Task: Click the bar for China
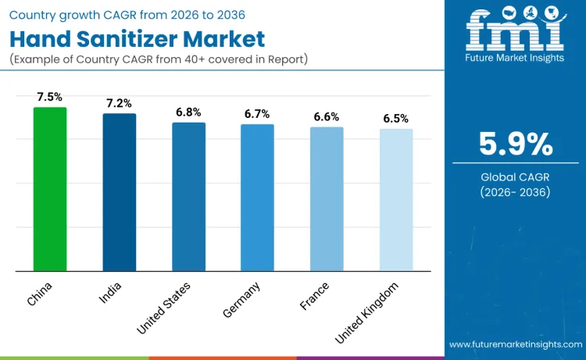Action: (x=50, y=189)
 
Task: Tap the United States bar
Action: (x=188, y=197)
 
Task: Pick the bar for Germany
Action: (x=257, y=198)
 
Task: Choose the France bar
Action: (x=327, y=199)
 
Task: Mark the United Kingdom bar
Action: (x=395, y=200)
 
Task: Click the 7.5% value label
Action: (x=50, y=96)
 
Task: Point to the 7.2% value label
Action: (x=120, y=102)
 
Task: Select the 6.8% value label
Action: (x=188, y=112)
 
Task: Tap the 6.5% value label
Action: (x=395, y=118)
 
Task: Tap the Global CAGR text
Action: (x=516, y=177)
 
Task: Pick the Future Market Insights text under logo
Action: (x=515, y=57)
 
